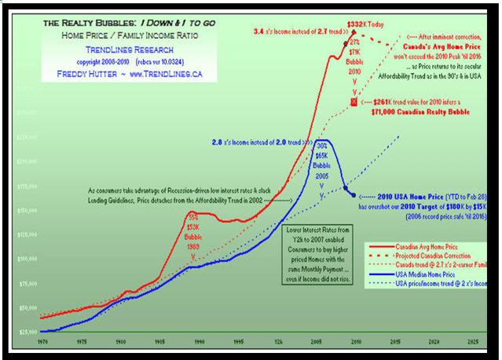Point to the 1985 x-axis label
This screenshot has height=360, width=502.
point(159,343)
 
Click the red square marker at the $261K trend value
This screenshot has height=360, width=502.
point(354,102)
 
